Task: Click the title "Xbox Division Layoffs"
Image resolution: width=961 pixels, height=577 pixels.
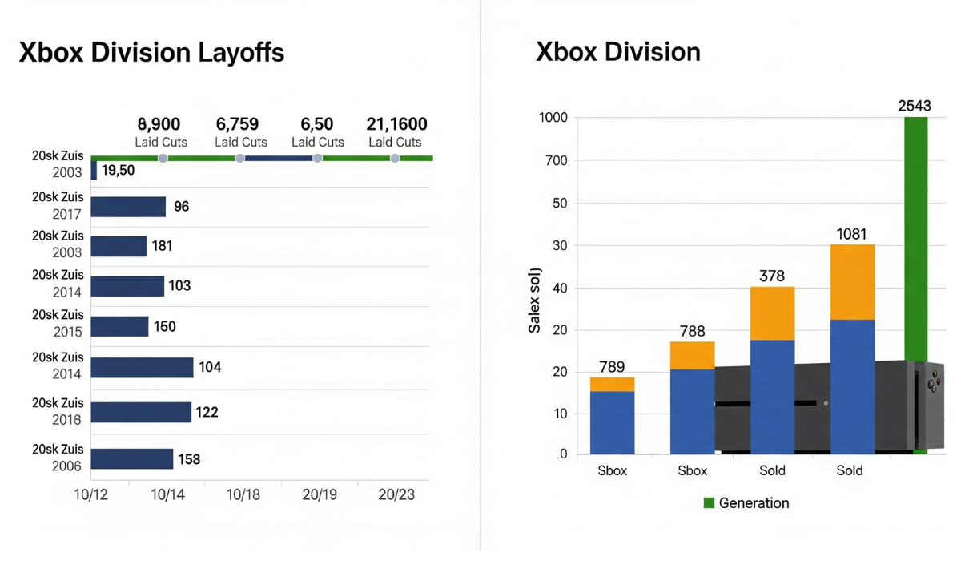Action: [151, 53]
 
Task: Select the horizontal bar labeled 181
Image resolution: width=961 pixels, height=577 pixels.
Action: [119, 246]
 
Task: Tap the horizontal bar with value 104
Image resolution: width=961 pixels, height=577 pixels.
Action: [142, 367]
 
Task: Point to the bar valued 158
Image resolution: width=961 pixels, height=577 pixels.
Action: [131, 459]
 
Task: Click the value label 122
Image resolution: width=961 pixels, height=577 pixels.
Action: [207, 412]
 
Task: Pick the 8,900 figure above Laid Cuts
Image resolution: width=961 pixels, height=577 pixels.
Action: [159, 124]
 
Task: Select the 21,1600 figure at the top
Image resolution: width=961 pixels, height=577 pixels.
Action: [396, 124]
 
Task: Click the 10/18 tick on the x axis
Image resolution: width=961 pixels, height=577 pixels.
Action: [243, 495]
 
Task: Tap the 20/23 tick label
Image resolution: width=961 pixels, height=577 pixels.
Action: [396, 495]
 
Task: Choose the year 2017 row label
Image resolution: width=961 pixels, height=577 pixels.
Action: [67, 214]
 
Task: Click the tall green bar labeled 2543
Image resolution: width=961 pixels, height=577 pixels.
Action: [915, 240]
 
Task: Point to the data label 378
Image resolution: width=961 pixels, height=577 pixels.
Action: [772, 276]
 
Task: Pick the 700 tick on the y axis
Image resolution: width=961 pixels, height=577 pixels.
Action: [555, 161]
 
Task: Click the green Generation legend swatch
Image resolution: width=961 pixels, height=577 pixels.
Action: [708, 503]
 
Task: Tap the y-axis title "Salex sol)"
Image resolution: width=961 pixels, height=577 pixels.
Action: [534, 300]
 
